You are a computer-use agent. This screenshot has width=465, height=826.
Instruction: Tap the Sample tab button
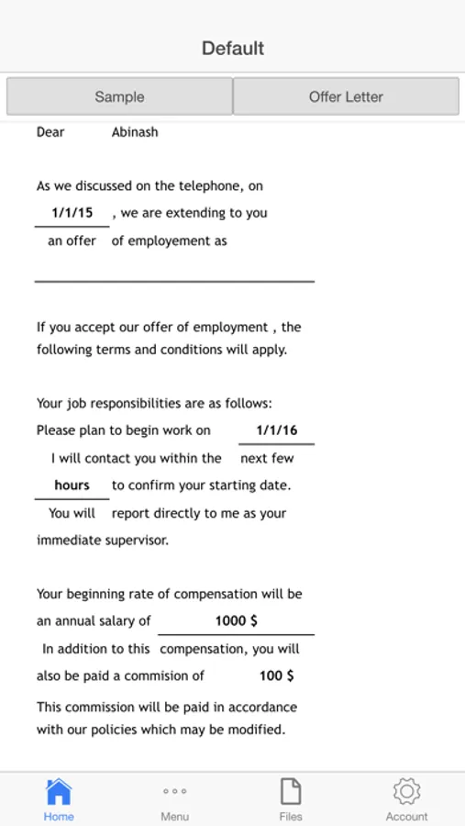(x=119, y=96)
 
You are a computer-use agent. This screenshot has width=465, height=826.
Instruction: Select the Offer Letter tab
(x=346, y=96)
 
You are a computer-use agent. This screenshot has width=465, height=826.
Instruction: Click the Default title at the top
(x=233, y=48)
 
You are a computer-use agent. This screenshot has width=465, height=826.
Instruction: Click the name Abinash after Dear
(x=135, y=132)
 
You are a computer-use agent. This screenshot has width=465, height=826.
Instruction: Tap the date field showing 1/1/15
(x=72, y=213)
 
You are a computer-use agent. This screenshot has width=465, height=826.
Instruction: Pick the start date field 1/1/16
(x=276, y=430)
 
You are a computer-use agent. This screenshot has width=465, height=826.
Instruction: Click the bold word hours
(x=72, y=485)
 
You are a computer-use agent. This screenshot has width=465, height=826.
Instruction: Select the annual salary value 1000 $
(x=236, y=620)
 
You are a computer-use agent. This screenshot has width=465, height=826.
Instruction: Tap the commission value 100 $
(x=276, y=675)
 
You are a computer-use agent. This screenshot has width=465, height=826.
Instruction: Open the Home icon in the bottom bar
(x=59, y=798)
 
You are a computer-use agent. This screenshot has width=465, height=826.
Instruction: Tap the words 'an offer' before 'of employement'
(x=72, y=241)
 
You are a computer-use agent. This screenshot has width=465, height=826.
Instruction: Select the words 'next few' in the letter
(x=267, y=458)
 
